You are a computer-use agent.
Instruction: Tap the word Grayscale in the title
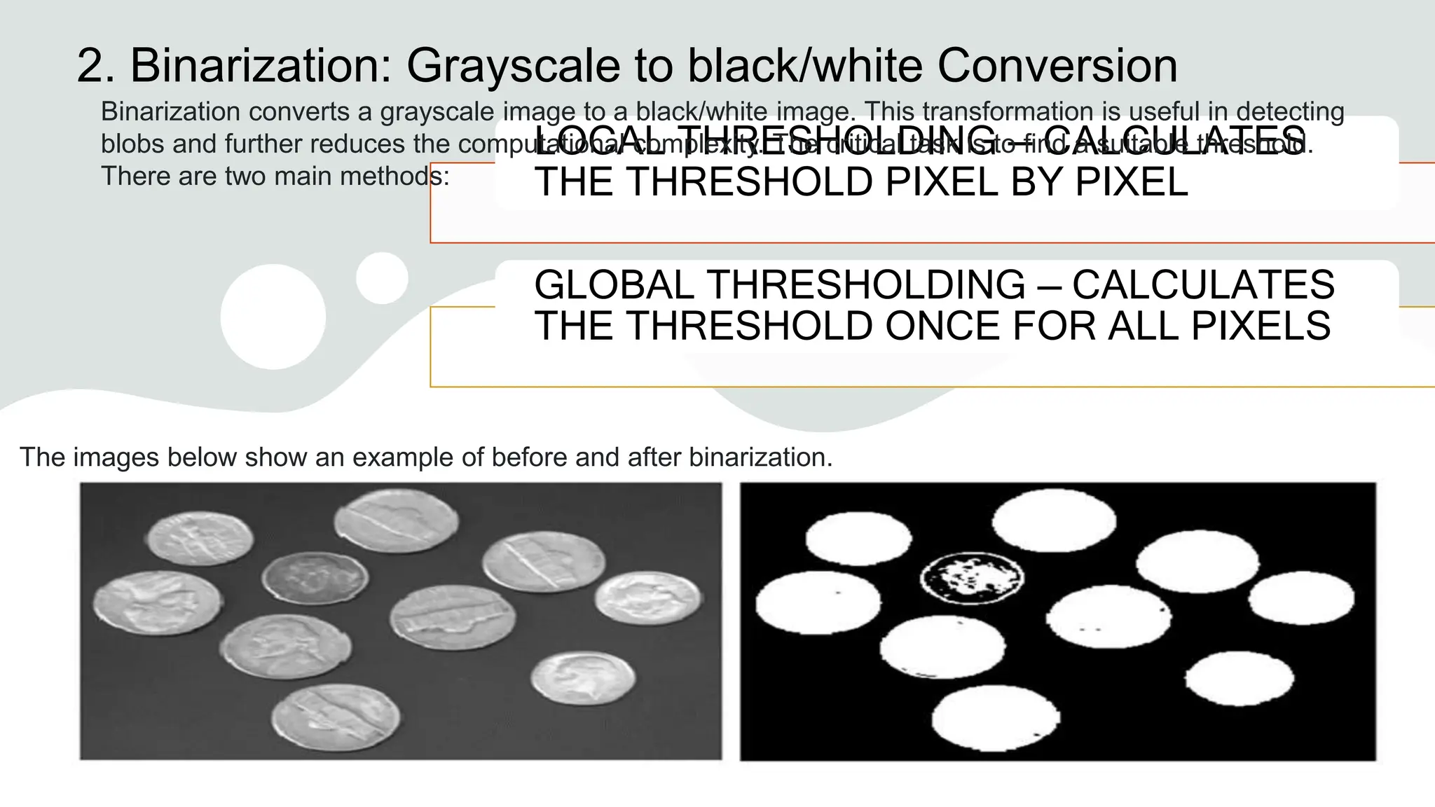pyautogui.click(x=513, y=66)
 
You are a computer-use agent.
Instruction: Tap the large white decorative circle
pyautogui.click(x=273, y=317)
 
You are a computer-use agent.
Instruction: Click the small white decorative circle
pyautogui.click(x=382, y=278)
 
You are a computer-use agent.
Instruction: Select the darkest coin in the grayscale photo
pyautogui.click(x=315, y=579)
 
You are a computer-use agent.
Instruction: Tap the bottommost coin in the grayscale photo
pyautogui.click(x=336, y=717)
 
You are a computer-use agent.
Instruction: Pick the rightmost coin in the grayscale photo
pyautogui.click(x=647, y=599)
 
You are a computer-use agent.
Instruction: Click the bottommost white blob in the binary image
pyautogui.click(x=996, y=717)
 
